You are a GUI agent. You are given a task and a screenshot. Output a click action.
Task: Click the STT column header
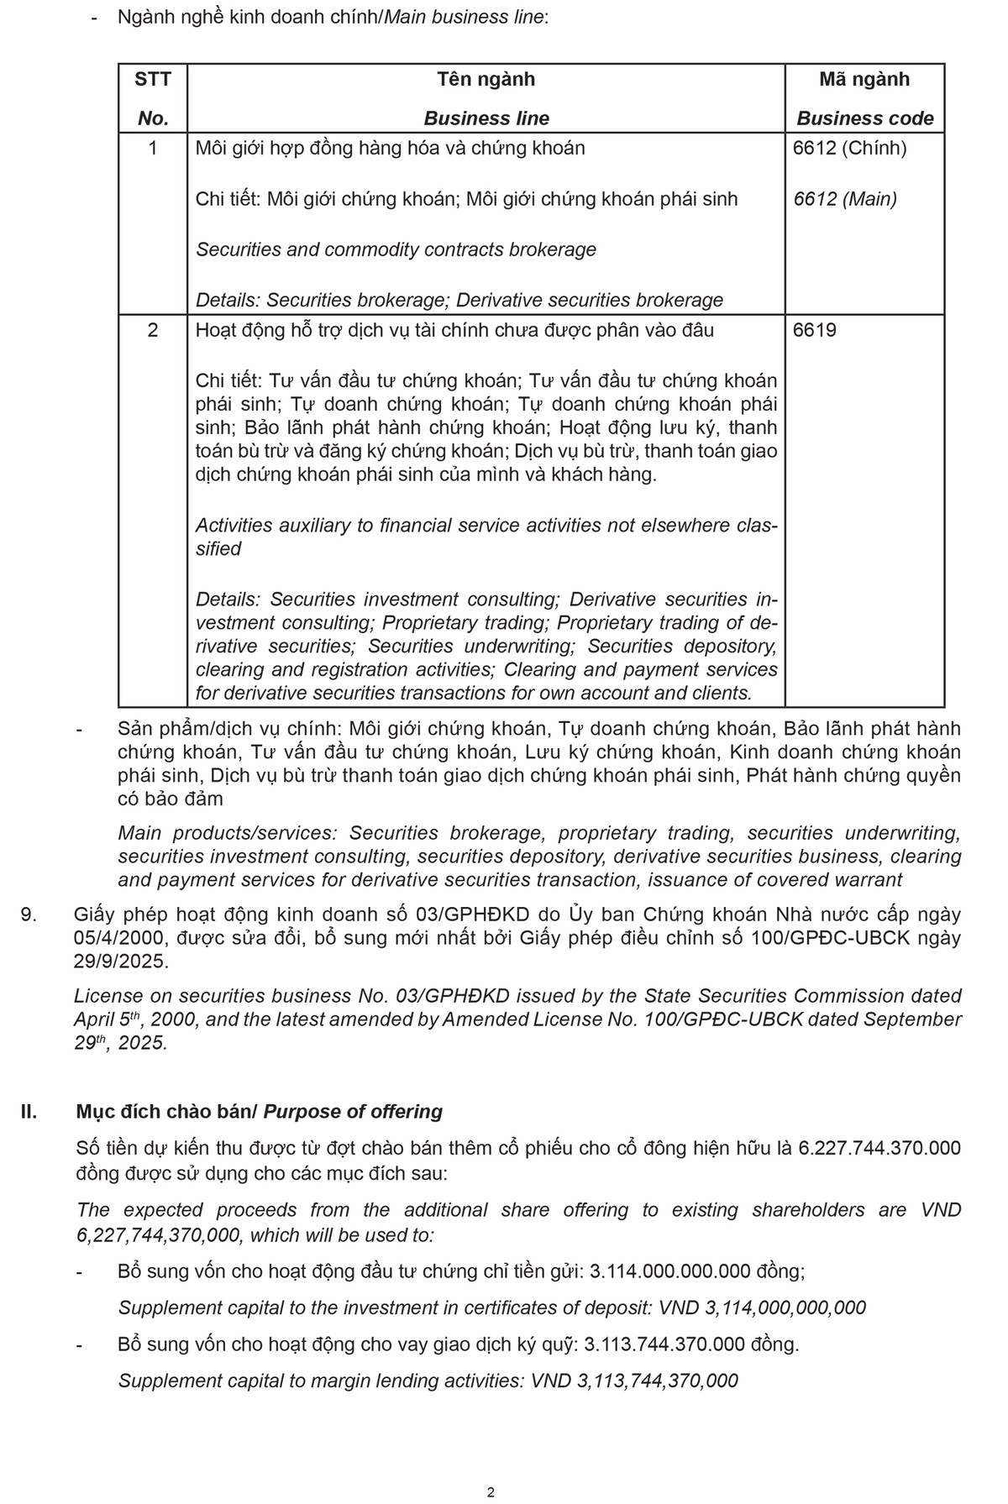[x=152, y=80]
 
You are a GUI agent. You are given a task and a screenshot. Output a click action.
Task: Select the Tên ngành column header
[x=486, y=80]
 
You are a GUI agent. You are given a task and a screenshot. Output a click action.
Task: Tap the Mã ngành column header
[x=864, y=80]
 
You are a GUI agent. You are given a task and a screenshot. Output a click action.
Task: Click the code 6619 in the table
[x=815, y=330]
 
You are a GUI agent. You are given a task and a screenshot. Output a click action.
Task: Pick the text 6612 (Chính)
[x=849, y=149]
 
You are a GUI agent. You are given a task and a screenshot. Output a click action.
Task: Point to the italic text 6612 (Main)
[x=844, y=199]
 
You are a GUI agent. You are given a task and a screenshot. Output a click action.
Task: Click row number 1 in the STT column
[x=152, y=149]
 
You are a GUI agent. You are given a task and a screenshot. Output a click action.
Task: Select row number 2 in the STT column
[x=152, y=330]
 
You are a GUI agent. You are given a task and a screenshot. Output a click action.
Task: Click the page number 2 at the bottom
[x=491, y=1492]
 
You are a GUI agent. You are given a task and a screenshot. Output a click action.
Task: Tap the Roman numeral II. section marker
[x=29, y=1112]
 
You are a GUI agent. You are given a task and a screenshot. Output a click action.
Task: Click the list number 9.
[x=28, y=915]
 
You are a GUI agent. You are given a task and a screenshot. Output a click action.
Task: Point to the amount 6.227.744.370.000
[x=879, y=1148]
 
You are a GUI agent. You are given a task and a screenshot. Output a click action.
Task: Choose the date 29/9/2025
[x=121, y=962]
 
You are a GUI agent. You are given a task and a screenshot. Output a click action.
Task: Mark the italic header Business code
[x=864, y=118]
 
